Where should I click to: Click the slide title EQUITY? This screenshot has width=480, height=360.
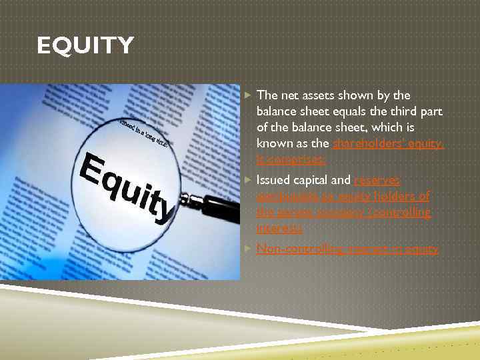click(85, 47)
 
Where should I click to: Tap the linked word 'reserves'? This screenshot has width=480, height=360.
click(377, 180)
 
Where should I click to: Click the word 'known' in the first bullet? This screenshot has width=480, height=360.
click(273, 143)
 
